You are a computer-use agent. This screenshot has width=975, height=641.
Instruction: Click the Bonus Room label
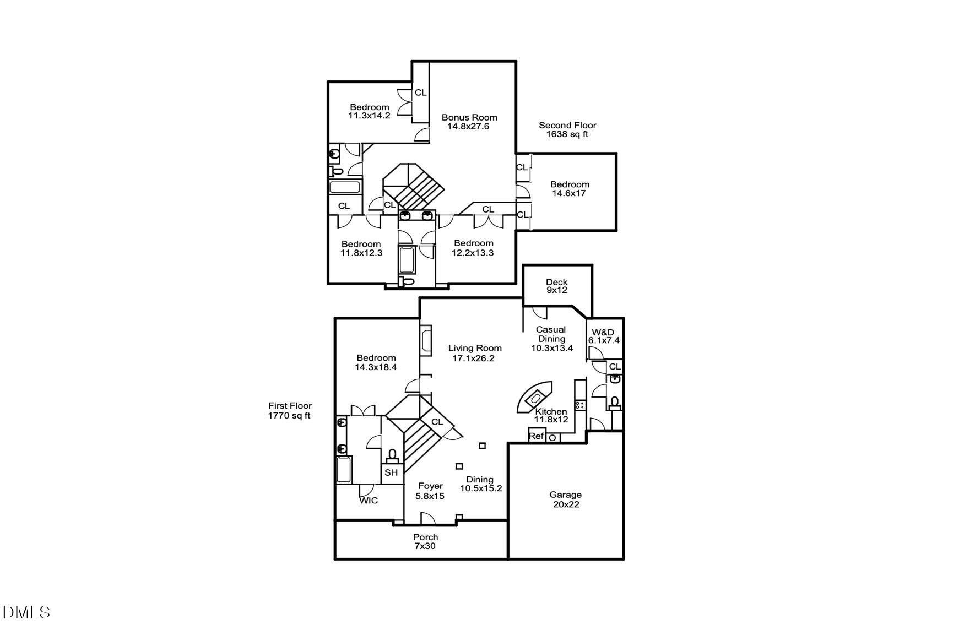pos(469,122)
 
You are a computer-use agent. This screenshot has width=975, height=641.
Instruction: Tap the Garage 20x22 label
pos(566,499)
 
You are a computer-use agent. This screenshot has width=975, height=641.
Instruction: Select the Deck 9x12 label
pos(556,286)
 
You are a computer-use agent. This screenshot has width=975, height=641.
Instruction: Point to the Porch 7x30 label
pos(425,541)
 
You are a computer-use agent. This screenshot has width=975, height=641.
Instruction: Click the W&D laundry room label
pos(603,336)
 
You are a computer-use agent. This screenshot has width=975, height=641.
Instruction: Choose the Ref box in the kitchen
pos(536,436)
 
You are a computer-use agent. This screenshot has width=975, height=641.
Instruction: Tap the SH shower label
pos(391,472)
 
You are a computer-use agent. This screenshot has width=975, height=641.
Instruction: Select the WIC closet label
pos(369,501)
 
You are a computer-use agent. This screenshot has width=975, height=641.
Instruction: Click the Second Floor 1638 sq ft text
pos(567,129)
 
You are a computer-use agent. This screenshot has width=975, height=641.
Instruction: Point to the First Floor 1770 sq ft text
pos(290,411)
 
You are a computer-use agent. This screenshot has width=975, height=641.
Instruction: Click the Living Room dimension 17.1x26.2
pos(474,358)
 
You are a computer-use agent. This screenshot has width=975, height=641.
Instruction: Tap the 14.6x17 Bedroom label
pos(569,189)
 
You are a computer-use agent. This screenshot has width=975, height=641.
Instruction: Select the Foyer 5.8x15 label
pos(430,491)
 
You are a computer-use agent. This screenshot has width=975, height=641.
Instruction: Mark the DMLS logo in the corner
pos(26,612)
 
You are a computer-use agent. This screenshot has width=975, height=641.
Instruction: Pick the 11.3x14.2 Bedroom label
pos(369,111)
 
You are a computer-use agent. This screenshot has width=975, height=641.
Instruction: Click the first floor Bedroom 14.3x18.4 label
pos(376,362)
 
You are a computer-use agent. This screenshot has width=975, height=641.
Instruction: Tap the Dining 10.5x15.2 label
pos(480,484)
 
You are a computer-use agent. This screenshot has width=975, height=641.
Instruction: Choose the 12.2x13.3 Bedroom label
pos(473,248)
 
